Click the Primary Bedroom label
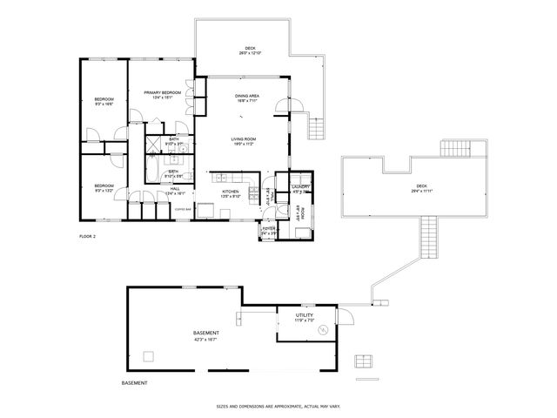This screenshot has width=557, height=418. tap(158, 92)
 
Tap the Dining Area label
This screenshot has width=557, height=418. tap(246, 96)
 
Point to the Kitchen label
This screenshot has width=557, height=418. tap(230, 191)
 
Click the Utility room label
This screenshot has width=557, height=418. tap(304, 315)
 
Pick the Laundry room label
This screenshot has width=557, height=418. tap(301, 186)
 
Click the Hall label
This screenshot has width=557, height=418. tap(175, 189)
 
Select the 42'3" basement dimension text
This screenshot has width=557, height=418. tap(206, 339)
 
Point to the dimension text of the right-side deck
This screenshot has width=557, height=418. tap(422, 190)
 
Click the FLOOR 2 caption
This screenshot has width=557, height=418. tap(87, 236)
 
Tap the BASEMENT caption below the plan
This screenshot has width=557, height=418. tap(134, 383)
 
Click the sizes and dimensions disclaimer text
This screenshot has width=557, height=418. tap(278, 406)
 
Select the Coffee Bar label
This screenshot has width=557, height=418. tap(183, 209)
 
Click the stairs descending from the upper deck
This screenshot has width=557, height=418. tap(317, 128)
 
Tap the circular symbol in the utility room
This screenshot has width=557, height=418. tap(323, 330)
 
